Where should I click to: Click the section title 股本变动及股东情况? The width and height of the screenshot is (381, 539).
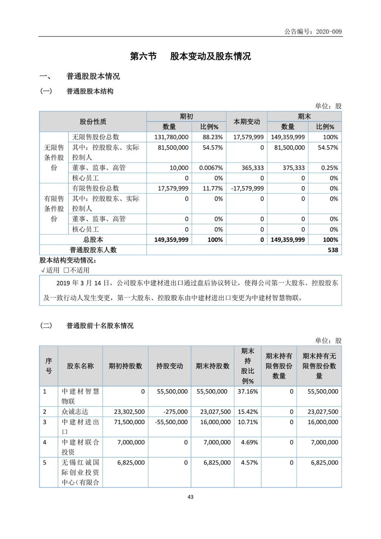coord(211,56)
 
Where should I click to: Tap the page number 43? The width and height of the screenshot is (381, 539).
coord(190,497)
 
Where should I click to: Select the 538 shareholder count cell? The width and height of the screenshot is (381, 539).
coord(333,250)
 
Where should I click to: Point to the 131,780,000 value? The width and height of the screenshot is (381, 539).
coord(171,137)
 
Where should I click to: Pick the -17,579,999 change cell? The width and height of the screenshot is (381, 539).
coord(247,188)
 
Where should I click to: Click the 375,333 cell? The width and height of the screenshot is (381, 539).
coord(294,168)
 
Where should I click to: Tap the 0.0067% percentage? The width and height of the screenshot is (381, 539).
coord(211,168)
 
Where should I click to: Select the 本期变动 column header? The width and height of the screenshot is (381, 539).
coord(247,122)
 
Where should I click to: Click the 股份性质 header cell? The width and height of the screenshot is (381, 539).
coord(93,122)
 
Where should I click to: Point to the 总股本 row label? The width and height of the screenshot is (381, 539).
coord(93,240)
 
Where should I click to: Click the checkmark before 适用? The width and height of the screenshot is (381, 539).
coord(43,270)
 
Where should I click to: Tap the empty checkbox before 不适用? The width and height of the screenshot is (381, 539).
coord(66,270)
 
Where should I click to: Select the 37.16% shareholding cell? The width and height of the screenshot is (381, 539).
coord(248,392)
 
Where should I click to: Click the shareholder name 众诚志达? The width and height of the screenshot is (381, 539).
coord(75,412)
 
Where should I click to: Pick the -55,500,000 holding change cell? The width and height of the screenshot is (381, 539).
coord(171,422)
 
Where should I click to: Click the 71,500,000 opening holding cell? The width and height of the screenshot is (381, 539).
coord(129,422)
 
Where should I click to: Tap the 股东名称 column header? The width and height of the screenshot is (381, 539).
coord(80,366)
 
